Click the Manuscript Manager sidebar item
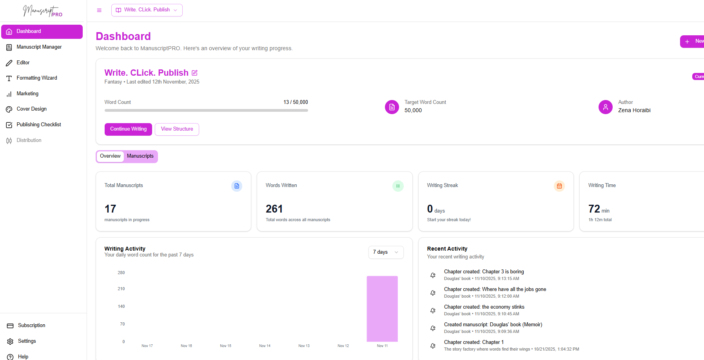pyautogui.click(x=39, y=47)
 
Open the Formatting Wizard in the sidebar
pyautogui.click(x=36, y=78)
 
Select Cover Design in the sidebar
pyautogui.click(x=31, y=109)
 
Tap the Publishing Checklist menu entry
pyautogui.click(x=38, y=125)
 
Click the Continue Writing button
pyautogui.click(x=128, y=129)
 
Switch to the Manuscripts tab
pyautogui.click(x=140, y=156)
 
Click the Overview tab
pyautogui.click(x=110, y=156)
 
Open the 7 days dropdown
pyautogui.click(x=386, y=252)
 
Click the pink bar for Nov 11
pyautogui.click(x=382, y=309)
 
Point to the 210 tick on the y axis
pyautogui.click(x=121, y=289)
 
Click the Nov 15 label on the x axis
pyautogui.click(x=225, y=346)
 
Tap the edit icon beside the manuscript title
pyautogui.click(x=194, y=73)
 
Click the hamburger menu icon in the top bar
pyautogui.click(x=99, y=10)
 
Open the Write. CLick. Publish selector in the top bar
pyautogui.click(x=147, y=10)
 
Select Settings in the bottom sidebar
pyautogui.click(x=27, y=341)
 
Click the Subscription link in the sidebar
pyautogui.click(x=31, y=325)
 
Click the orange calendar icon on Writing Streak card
pyautogui.click(x=559, y=186)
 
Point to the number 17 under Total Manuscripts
pyautogui.click(x=110, y=209)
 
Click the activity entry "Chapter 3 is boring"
pyautogui.click(x=484, y=272)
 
